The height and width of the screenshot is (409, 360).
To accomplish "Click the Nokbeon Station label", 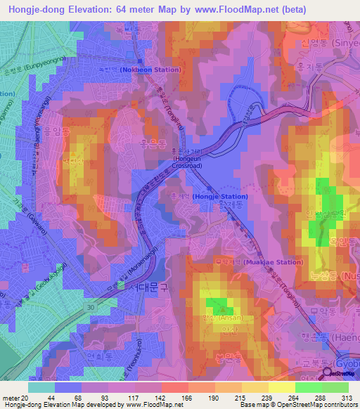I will [150, 70].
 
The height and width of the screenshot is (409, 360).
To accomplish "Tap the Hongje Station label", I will [220, 197].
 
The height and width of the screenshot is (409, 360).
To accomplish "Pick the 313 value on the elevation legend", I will [343, 398].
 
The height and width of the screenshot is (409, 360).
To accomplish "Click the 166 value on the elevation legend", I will [187, 398].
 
